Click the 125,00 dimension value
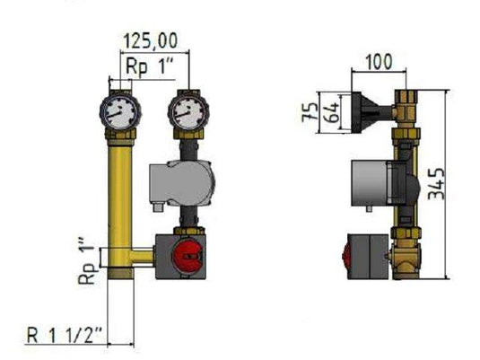[x=150, y=40]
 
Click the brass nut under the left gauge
[x=119, y=139]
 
